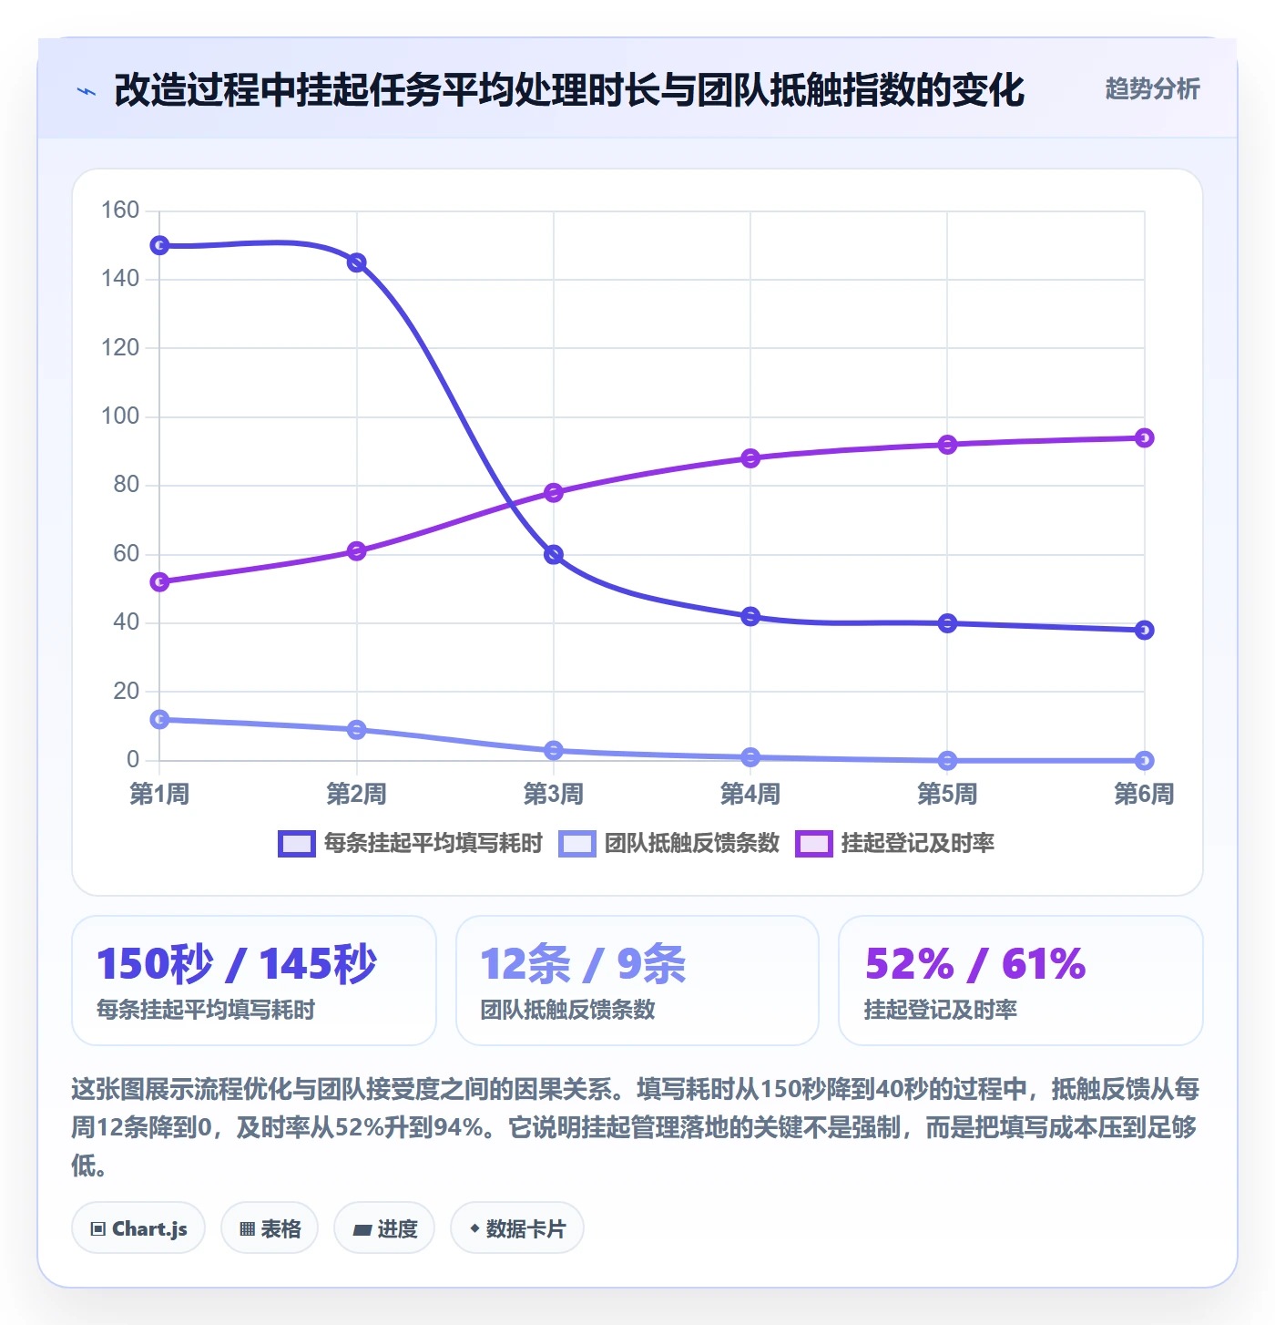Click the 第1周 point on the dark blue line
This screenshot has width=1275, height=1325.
pos(159,245)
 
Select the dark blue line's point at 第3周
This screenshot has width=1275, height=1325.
pos(553,554)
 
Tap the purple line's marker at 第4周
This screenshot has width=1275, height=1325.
pos(750,458)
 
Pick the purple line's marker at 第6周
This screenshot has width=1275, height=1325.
pos(1144,437)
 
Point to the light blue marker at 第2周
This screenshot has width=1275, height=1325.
pos(356,730)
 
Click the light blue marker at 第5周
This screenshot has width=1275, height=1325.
pos(947,761)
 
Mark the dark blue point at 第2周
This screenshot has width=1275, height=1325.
pos(356,262)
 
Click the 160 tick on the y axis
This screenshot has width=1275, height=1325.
pos(119,210)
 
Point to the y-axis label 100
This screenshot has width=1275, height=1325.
pos(119,416)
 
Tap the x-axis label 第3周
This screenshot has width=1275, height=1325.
pos(553,794)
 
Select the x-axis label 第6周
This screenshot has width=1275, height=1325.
pos(1144,794)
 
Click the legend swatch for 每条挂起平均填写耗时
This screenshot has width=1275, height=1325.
pos(297,844)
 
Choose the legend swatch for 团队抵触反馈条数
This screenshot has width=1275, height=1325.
pos(577,844)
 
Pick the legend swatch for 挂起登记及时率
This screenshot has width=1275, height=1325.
pos(813,844)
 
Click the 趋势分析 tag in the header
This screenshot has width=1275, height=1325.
pos(1152,88)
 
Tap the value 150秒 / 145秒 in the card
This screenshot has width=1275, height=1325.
pos(236,963)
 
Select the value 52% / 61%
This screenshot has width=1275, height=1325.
pos(975,963)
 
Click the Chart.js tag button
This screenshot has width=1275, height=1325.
pos(138,1228)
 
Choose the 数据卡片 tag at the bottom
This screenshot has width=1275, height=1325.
pos(517,1228)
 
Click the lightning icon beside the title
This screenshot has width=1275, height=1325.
pos(87,91)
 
